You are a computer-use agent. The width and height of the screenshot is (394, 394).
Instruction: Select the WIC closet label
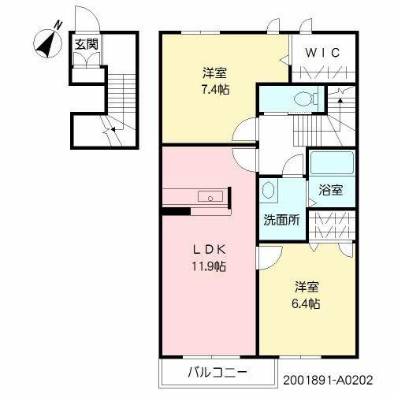click(x=322, y=53)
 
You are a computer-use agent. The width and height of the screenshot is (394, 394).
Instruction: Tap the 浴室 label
click(x=330, y=189)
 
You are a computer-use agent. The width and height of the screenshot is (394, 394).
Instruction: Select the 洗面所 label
click(x=281, y=220)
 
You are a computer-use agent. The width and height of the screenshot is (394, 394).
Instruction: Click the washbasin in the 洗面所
click(x=269, y=191)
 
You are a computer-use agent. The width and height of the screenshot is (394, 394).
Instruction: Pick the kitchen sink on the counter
click(x=210, y=197)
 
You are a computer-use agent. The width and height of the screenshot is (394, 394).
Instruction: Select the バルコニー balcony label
click(x=218, y=371)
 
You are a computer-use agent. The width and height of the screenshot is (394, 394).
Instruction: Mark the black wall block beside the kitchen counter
click(x=176, y=210)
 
